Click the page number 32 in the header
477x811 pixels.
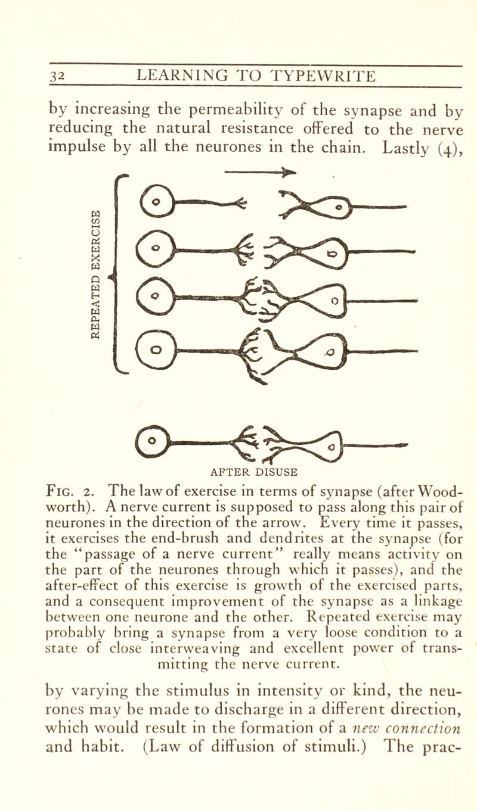click(x=57, y=76)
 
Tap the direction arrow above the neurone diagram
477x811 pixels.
click(x=261, y=171)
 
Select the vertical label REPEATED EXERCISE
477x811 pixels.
click(x=95, y=274)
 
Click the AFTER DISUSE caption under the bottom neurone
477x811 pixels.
click(x=254, y=472)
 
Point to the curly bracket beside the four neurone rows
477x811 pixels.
click(x=117, y=274)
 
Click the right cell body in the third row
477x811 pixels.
click(x=326, y=301)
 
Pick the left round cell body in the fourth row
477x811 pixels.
click(x=156, y=350)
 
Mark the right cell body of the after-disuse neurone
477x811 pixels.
click(x=327, y=445)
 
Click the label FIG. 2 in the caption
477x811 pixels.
click(x=71, y=492)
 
